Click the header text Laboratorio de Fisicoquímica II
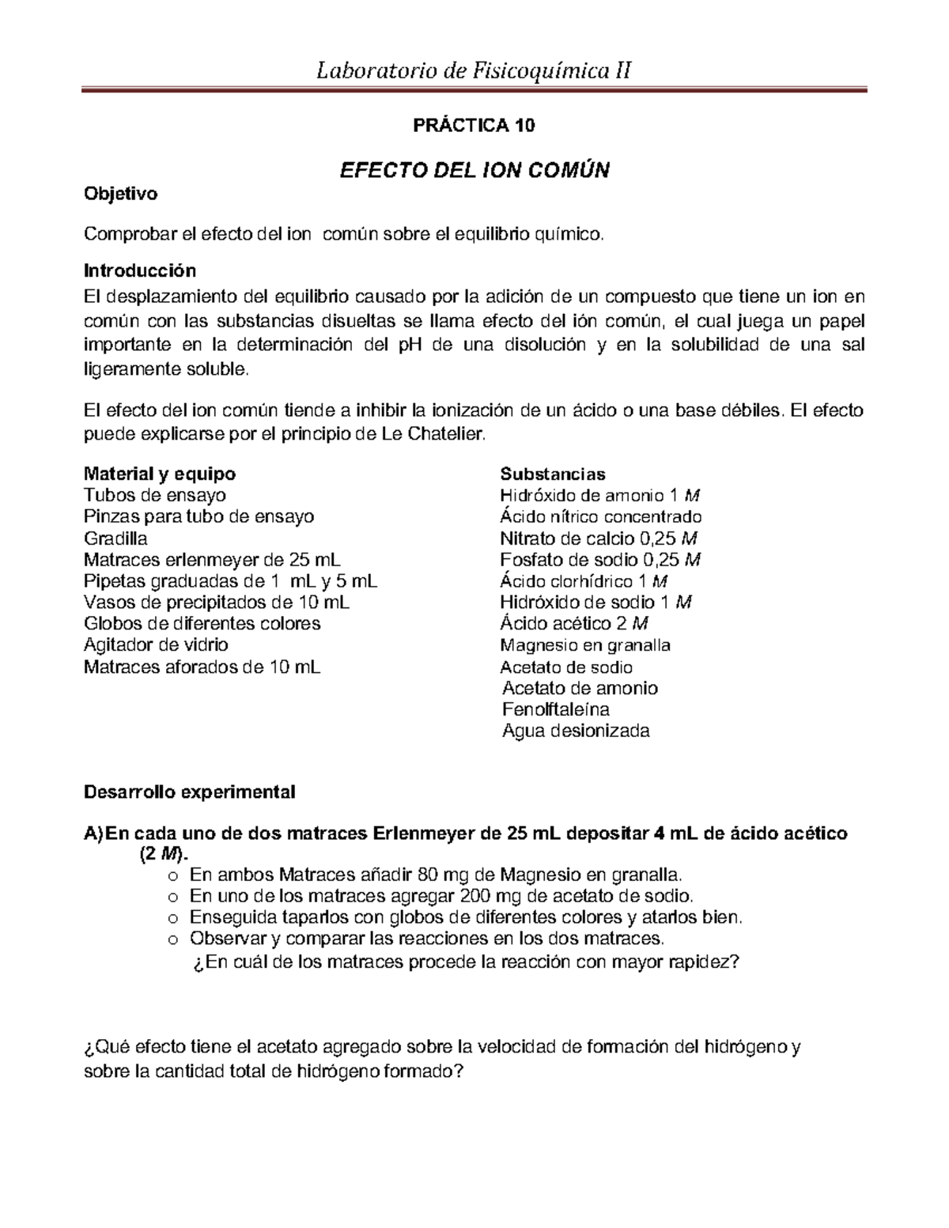[474, 72]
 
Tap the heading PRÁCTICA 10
[475, 126]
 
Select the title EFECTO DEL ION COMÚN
[475, 170]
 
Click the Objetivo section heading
[121, 194]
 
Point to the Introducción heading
[140, 270]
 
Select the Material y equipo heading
[160, 474]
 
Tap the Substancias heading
[553, 474]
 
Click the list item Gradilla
[115, 538]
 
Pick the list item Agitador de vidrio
[156, 644]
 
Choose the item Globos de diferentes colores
[202, 623]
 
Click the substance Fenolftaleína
[556, 709]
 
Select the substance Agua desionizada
[576, 731]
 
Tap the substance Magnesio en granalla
[585, 645]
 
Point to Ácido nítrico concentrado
[601, 517]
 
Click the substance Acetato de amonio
[580, 688]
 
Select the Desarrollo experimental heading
[190, 792]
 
